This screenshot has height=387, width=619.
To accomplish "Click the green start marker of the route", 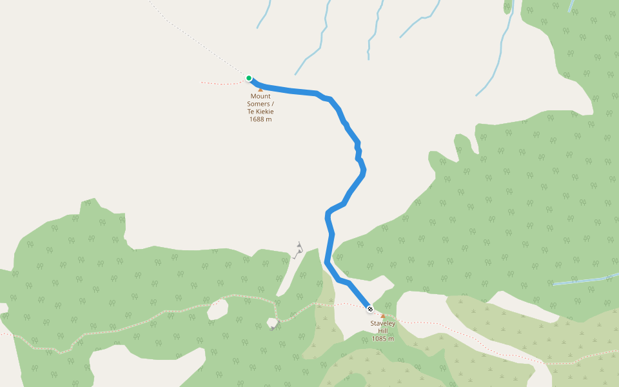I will point(249,78).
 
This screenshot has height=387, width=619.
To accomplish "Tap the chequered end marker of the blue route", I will point(369,309).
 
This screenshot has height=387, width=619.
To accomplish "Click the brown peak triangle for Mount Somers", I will point(260,90).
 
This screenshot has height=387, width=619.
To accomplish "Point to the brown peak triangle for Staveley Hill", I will point(382,316).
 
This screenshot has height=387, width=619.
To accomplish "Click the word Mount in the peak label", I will point(260,97).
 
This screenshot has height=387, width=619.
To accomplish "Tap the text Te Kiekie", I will point(260,112).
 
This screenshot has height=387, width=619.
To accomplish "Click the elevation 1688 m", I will point(260,119).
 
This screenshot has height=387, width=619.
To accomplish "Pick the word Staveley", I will point(382,323).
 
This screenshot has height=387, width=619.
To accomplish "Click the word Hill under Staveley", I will point(382,331).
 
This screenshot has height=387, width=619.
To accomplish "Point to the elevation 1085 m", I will point(382,339).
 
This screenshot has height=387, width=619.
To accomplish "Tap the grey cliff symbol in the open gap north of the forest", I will point(298,250).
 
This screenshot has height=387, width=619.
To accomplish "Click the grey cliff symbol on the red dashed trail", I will point(273,323).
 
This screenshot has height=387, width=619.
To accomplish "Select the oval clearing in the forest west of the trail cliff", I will point(218,310).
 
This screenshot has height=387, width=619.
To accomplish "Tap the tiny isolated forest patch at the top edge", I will point(507,6).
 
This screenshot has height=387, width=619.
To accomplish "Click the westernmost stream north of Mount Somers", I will point(263,14).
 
